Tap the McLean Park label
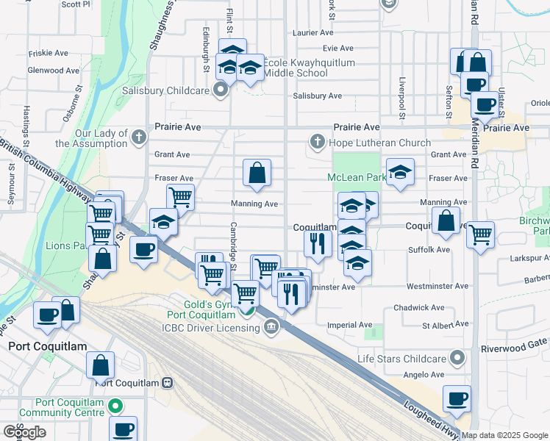point(357,177)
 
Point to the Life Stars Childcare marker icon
point(457,358)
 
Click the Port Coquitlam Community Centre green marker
point(115,406)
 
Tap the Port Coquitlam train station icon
point(168,382)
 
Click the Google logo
point(24,431)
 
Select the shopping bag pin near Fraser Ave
point(257,173)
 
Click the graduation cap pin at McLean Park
point(400,172)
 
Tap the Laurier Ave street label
point(313,33)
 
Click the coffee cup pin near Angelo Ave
point(457,398)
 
